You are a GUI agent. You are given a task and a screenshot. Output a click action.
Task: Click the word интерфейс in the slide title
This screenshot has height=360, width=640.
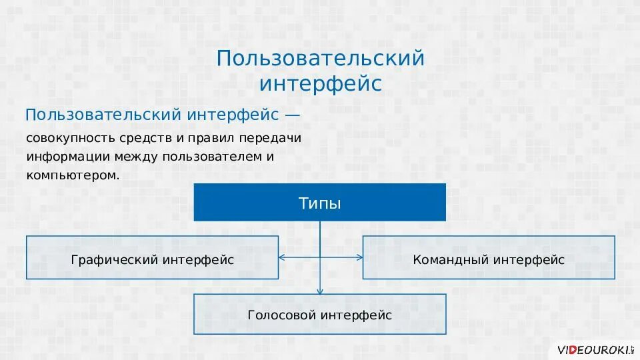(320, 85)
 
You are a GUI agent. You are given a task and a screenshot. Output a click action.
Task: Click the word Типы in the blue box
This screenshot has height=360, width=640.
(319, 203)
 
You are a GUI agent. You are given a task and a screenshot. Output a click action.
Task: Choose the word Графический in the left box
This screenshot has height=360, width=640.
(114, 259)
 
